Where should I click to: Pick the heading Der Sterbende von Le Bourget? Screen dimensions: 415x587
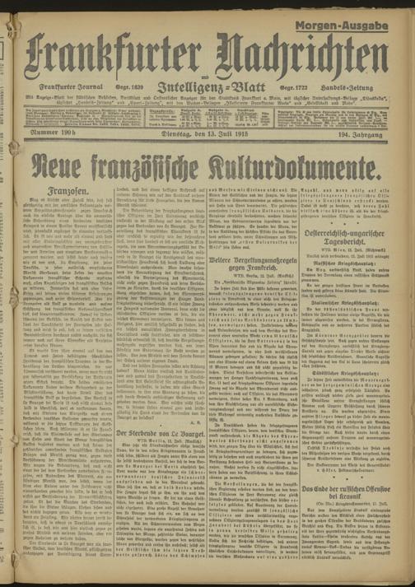point(166,455)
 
